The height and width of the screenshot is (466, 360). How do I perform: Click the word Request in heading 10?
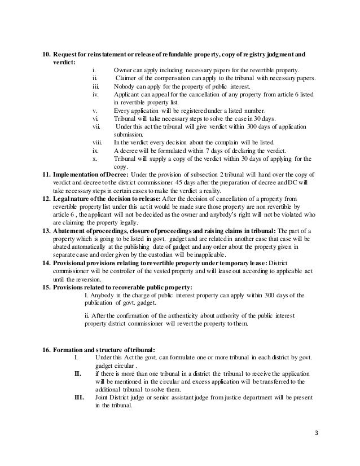click(68, 55)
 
